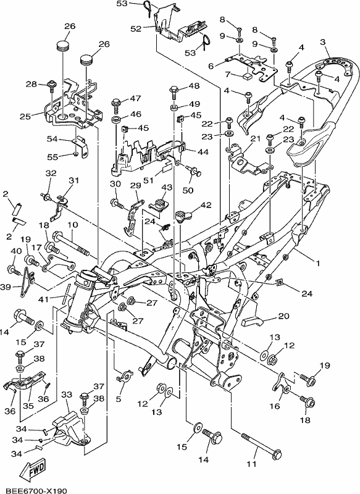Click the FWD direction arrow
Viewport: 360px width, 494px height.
[x=33, y=469]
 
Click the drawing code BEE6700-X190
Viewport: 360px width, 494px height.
[x=36, y=490]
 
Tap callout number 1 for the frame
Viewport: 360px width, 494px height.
[x=317, y=262]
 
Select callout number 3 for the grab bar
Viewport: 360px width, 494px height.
[x=323, y=42]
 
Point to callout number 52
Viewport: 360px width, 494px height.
[x=136, y=28]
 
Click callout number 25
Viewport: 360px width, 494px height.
[x=25, y=116]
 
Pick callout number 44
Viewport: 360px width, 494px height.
[x=203, y=152]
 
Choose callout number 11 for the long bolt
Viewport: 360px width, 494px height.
[x=251, y=464]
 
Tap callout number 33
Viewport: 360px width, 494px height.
[x=67, y=395]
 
